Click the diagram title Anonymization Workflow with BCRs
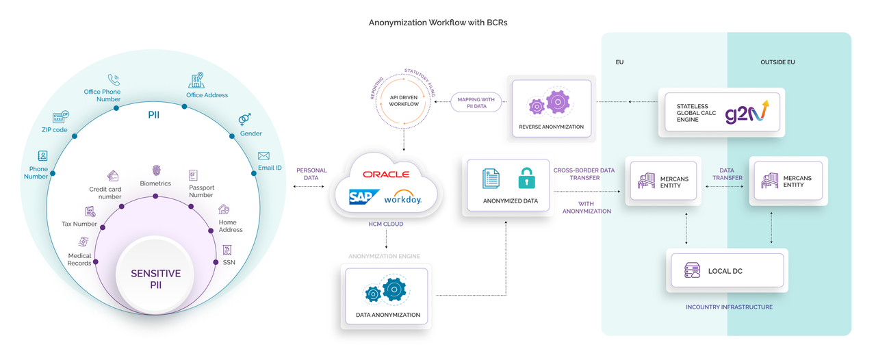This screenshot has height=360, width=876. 438,23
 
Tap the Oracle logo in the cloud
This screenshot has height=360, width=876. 386,175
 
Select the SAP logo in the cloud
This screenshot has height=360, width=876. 363,197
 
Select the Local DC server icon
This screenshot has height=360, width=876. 693,271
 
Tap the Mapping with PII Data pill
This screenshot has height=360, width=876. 476,103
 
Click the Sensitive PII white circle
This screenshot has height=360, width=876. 156,279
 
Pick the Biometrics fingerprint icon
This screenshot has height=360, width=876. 155,170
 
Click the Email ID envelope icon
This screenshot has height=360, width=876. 263,156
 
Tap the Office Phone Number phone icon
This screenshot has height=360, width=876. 114,80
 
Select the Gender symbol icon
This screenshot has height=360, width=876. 244,120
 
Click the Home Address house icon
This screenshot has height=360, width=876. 223,209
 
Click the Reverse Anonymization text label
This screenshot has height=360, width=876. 551,127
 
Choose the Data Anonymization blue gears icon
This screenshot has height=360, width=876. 387,292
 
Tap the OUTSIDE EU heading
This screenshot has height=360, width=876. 777,62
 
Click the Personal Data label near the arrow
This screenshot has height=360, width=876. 311,175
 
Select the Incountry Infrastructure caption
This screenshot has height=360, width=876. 729,307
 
